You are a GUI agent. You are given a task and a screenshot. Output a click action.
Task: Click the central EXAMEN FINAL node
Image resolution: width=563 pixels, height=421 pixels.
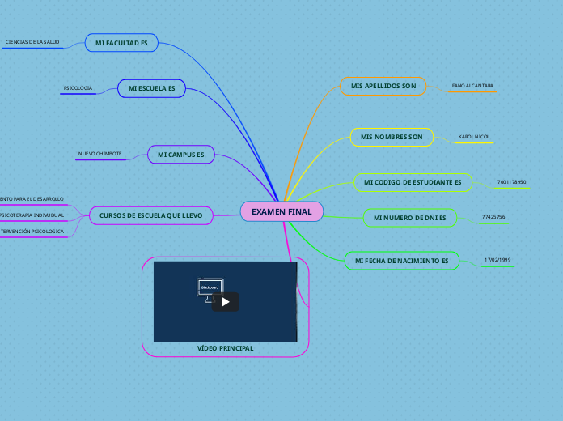pyautogui.click(x=281, y=211)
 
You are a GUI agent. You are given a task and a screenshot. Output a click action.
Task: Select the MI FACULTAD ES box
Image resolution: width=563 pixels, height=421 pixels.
pyautogui.click(x=121, y=42)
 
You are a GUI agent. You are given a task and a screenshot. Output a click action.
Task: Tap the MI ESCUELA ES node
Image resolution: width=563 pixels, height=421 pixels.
pyautogui.click(x=152, y=87)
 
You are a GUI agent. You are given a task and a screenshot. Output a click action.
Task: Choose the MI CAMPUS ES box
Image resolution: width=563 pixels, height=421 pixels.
pyautogui.click(x=180, y=154)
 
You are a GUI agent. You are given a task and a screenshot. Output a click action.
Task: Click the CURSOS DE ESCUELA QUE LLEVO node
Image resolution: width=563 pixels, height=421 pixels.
pyautogui.click(x=151, y=215)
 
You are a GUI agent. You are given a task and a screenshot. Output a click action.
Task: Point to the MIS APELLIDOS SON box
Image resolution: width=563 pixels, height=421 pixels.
pyautogui.click(x=383, y=86)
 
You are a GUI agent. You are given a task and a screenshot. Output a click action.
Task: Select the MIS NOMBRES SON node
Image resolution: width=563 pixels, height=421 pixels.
pyautogui.click(x=392, y=137)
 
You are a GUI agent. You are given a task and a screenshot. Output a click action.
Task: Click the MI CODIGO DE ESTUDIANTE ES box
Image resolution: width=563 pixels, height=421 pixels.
pyautogui.click(x=413, y=182)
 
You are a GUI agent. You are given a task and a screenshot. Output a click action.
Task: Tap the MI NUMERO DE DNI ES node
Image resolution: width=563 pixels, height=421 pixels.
pyautogui.click(x=410, y=218)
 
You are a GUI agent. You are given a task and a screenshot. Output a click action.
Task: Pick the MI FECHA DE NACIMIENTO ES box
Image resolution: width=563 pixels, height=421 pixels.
pyautogui.click(x=401, y=261)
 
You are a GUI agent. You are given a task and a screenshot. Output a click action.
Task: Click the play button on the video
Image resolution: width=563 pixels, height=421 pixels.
pyautogui.click(x=226, y=302)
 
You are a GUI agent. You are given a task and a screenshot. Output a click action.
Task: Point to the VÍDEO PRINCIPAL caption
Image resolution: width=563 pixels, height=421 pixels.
pyautogui.click(x=225, y=348)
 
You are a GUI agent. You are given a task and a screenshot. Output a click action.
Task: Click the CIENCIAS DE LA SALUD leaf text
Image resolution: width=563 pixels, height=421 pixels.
pyautogui.click(x=32, y=41)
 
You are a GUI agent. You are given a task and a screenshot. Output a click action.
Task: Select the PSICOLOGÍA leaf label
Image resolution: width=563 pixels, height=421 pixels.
pyautogui.click(x=78, y=87)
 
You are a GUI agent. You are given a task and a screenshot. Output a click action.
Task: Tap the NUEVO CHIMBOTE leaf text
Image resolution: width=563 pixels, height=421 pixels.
pyautogui.click(x=99, y=153)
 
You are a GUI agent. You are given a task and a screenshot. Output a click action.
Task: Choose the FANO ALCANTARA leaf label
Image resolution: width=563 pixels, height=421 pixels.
pyautogui.click(x=472, y=85)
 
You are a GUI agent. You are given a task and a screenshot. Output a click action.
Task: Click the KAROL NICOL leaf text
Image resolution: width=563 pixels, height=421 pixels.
pyautogui.click(x=474, y=137)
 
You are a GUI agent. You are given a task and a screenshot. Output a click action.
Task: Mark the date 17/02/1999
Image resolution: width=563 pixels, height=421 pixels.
pyautogui.click(x=497, y=260)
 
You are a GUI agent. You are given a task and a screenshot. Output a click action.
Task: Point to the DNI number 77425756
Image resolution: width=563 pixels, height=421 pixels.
pyautogui.click(x=493, y=217)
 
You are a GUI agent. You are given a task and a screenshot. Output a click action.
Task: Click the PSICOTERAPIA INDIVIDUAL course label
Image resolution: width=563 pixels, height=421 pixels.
pyautogui.click(x=32, y=215)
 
